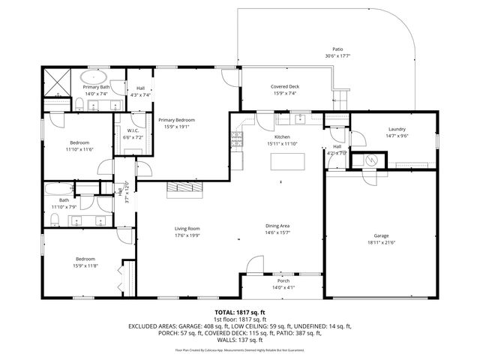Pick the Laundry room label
pyautogui.click(x=396, y=129)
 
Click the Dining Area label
pyautogui.click(x=277, y=226)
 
